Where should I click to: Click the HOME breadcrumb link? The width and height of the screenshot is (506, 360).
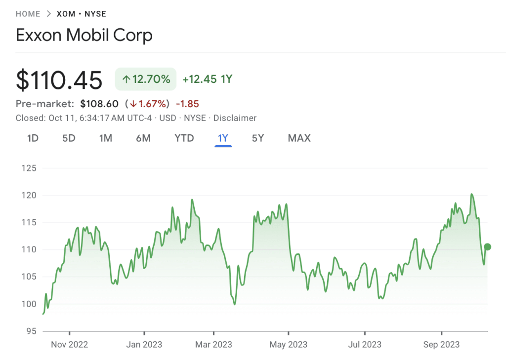(28, 14)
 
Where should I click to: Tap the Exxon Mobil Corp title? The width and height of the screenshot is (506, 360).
(84, 36)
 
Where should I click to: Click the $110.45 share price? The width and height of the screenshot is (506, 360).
(59, 80)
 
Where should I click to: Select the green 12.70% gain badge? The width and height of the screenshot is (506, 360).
(146, 79)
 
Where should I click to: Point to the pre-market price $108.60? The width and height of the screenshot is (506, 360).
(99, 104)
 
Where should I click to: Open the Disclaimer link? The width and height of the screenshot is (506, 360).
(235, 118)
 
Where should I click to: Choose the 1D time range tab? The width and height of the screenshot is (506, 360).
(33, 138)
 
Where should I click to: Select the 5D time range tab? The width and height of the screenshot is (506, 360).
(69, 138)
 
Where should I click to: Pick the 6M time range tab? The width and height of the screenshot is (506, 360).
(143, 138)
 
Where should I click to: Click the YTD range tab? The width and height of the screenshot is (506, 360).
(184, 138)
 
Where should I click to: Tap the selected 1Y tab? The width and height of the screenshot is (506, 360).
(223, 138)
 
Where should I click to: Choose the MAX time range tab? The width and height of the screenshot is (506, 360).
(299, 138)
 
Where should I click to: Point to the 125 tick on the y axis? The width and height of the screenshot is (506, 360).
(29, 168)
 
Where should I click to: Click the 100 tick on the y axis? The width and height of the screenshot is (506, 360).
(29, 304)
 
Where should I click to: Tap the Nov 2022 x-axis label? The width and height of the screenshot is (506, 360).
(69, 345)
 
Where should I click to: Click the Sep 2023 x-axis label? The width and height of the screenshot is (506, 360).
(441, 345)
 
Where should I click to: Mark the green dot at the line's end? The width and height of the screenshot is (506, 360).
(488, 247)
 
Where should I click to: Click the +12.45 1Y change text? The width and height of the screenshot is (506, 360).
(207, 79)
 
